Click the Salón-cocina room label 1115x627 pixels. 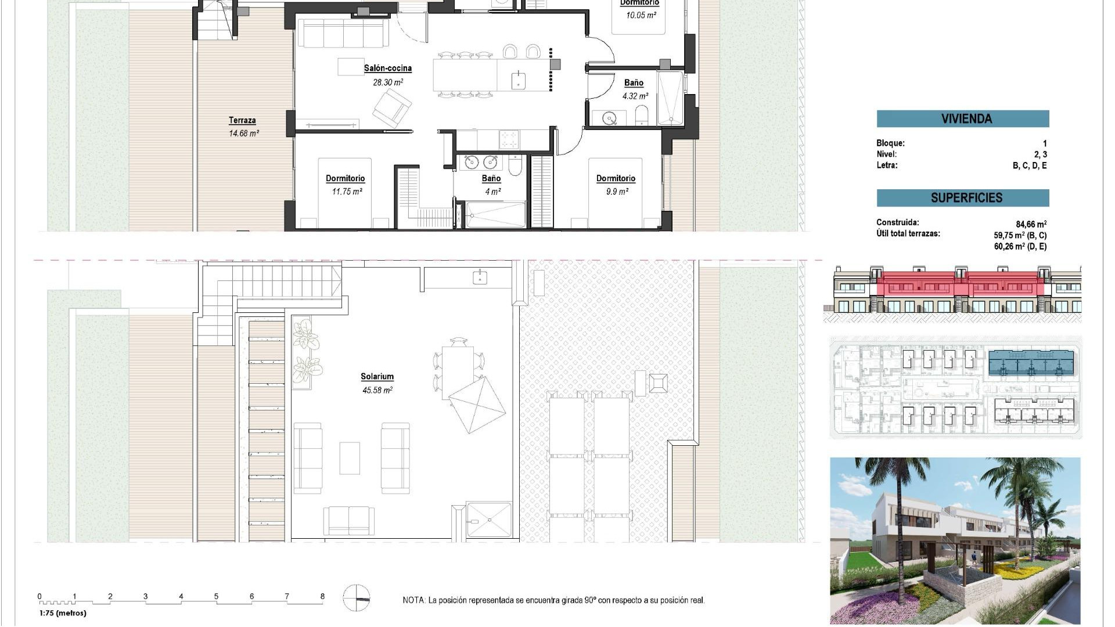pos(387,68)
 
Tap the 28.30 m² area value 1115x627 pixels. pos(387,82)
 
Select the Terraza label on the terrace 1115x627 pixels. pos(242,120)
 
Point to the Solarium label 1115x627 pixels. pos(377,376)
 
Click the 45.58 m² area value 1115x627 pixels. pos(377,390)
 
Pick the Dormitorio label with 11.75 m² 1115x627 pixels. pos(345,178)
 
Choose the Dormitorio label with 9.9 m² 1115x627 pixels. pos(616,178)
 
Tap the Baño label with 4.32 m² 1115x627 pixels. pos(634,83)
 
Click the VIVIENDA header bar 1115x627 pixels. pos(962,118)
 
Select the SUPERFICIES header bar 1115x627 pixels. pos(962,197)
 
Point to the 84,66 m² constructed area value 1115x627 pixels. pos(1031,224)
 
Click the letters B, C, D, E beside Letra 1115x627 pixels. pos(1029,165)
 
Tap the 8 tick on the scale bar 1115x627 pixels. pos(322,596)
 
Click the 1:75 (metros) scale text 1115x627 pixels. pos(63,613)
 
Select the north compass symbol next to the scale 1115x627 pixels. pos(356,599)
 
